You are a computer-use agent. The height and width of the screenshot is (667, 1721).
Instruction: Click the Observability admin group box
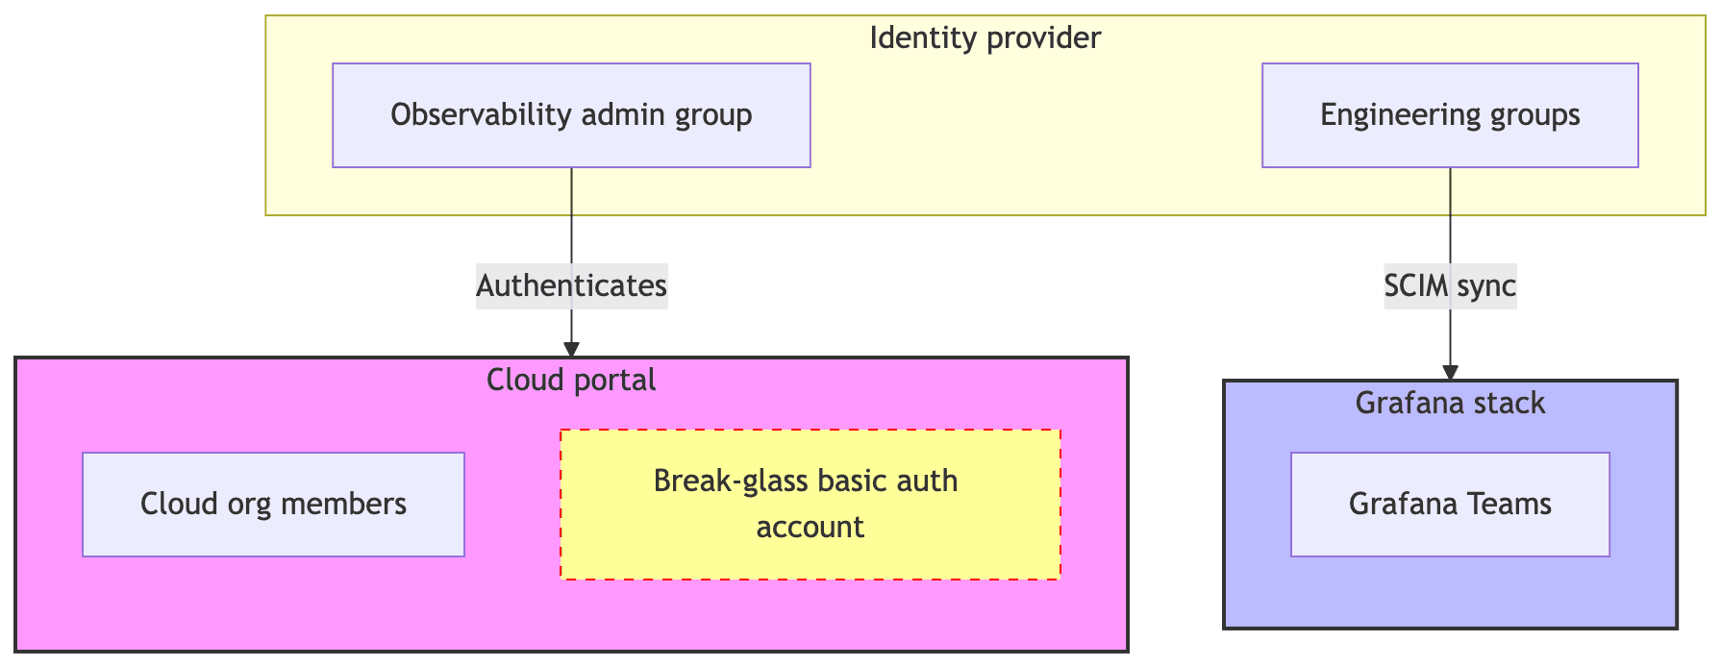pos(571,115)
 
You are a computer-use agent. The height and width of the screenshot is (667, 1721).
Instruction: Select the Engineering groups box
pos(1449,115)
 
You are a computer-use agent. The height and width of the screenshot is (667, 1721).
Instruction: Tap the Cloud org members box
pos(273,505)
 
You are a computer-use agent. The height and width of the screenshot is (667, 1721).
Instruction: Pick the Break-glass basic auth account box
pos(810,505)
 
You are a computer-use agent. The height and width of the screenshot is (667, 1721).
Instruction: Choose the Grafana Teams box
pos(1449,505)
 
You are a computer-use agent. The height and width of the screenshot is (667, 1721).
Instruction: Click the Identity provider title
pos(985,38)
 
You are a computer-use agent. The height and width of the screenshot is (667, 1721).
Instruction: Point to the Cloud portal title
pos(571,381)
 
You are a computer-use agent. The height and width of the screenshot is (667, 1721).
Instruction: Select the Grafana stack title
pos(1449,403)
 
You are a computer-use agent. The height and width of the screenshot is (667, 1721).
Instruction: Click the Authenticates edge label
pos(571,285)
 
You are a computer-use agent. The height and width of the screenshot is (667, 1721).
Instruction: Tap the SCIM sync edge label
pos(1449,285)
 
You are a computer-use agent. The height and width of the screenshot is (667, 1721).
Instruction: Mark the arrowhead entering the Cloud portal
pos(571,350)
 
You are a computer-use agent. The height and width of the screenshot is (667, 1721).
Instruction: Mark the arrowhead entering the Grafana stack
pos(1449,372)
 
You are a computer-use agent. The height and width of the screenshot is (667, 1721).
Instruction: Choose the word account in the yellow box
pos(810,528)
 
